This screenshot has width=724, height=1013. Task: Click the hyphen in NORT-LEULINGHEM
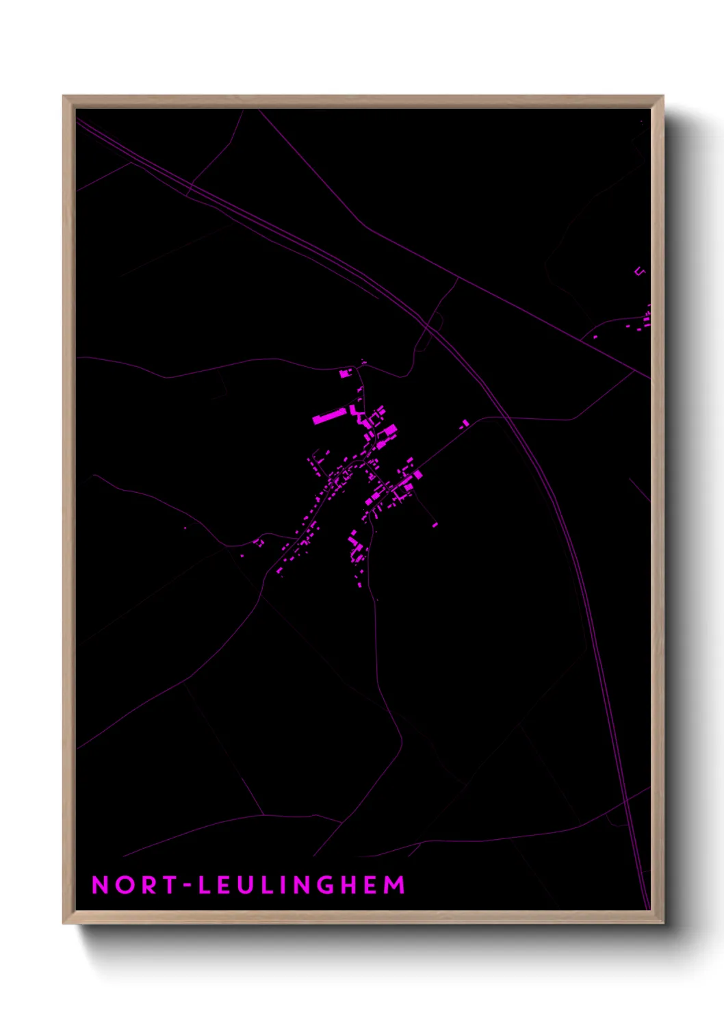[186, 886]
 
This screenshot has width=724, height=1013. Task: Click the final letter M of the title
[394, 885]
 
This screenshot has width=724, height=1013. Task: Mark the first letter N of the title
[100, 885]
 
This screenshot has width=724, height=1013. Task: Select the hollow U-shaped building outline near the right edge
[640, 272]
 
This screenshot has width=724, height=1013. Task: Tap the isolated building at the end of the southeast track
[435, 526]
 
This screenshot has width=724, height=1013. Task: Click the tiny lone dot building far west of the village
[184, 528]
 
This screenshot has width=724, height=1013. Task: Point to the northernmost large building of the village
[345, 374]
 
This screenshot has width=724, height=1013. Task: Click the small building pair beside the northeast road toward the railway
[465, 424]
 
